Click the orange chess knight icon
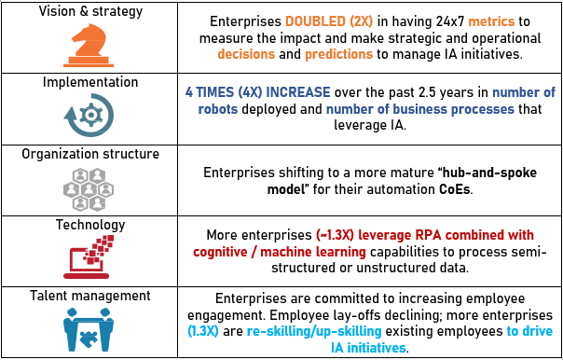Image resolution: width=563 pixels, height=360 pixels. [89, 46]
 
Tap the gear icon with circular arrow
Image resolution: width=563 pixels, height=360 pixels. [89, 115]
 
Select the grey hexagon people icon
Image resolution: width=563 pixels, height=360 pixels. [89, 189]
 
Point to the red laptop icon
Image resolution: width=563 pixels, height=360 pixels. [89, 256]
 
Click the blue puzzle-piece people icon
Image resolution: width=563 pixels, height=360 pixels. [89, 329]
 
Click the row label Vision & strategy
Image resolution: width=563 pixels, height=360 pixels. [90, 11]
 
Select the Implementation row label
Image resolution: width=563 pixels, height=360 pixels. [90, 82]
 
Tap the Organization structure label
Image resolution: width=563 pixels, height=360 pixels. [90, 154]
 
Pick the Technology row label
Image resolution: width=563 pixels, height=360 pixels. [90, 225]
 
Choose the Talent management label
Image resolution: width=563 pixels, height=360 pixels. [90, 296]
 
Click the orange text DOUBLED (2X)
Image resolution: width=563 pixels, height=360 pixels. [329, 21]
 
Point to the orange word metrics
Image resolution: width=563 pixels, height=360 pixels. [491, 21]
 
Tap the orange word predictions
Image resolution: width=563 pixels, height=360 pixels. [339, 54]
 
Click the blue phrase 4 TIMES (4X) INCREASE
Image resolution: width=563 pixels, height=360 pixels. [258, 92]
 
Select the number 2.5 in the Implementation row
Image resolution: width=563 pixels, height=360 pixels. [424, 92]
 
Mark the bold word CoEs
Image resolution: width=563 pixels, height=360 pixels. [455, 189]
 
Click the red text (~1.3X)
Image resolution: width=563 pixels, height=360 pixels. [336, 235]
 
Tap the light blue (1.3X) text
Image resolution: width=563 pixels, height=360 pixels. [203, 331]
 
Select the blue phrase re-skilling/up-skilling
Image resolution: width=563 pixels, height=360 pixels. [314, 331]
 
